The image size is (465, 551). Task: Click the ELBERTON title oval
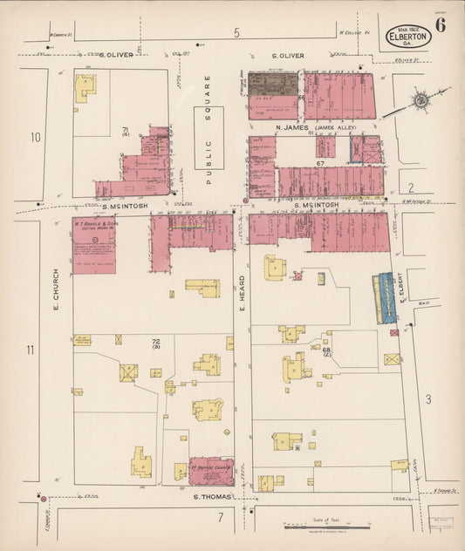407,37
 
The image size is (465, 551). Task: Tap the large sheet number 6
441,24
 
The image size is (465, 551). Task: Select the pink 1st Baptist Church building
211,471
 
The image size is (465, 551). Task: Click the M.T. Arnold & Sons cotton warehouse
93,245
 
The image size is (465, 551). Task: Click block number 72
156,341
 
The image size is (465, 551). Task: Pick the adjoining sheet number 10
35,137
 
